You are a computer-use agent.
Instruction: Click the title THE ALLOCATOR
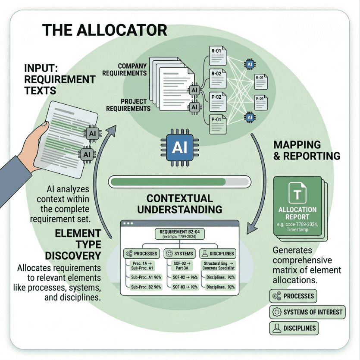[104, 30]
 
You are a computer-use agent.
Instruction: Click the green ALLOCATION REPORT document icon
[297, 207]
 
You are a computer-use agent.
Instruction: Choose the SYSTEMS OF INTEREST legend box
[307, 312]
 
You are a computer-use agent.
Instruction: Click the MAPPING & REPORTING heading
[306, 150]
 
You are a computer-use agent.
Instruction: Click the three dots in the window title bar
[129, 224]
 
